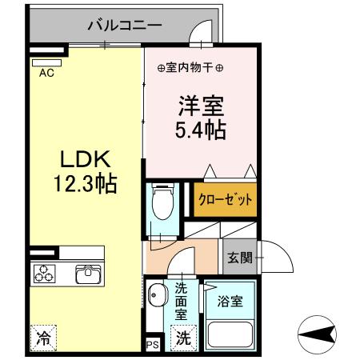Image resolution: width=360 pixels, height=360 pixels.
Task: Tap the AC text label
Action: (x=47, y=71)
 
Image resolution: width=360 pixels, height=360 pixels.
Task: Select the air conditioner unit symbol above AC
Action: (x=47, y=59)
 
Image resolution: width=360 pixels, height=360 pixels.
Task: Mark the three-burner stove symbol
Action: (x=44, y=274)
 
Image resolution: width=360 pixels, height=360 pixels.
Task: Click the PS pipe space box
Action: (x=152, y=345)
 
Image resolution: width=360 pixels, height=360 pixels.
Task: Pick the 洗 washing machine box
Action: (x=183, y=338)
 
